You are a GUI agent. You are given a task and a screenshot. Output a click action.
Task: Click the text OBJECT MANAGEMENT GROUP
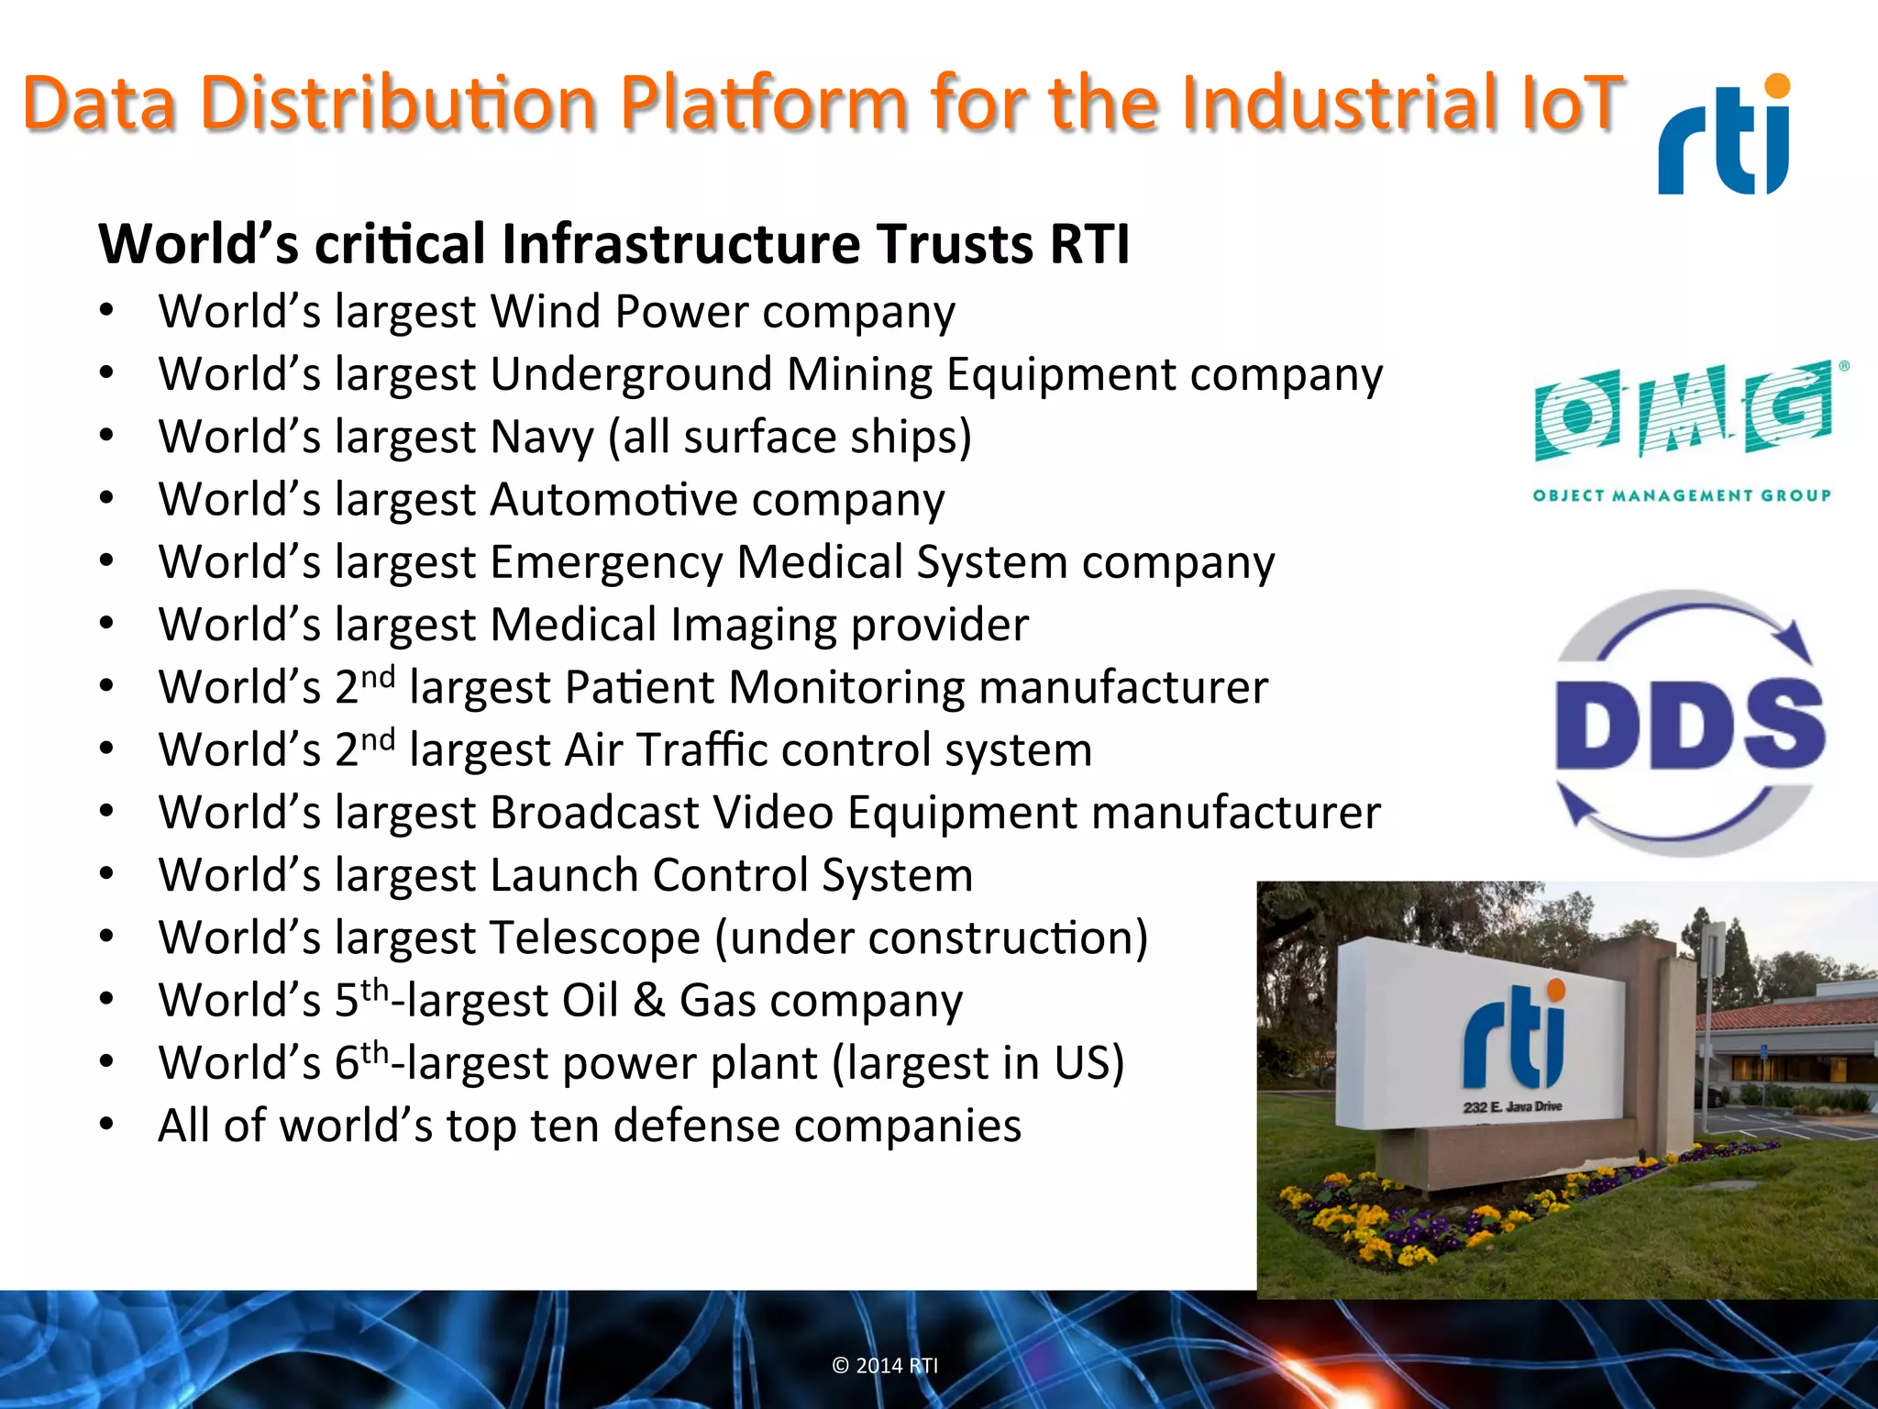[x=1682, y=495]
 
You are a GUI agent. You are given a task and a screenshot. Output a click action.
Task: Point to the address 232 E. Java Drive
[x=1512, y=1106]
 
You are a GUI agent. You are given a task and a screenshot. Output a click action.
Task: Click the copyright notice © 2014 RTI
[x=885, y=1365]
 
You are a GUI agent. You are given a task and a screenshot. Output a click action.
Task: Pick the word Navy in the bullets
[x=542, y=438]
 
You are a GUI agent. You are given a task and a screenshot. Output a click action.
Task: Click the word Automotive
[x=613, y=500]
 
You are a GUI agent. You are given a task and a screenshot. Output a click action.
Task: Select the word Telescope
[x=595, y=938]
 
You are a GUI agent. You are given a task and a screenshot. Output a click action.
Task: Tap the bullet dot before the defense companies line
[x=107, y=1125]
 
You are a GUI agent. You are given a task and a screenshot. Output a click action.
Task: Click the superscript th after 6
[x=374, y=1052]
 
